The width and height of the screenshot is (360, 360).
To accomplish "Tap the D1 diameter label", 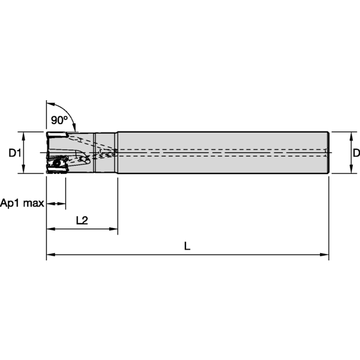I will pos(15,153).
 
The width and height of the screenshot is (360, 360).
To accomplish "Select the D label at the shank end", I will pos(356,153).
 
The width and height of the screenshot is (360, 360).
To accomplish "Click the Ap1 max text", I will pos(22,203).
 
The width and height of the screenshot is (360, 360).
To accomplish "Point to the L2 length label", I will pos(82,220).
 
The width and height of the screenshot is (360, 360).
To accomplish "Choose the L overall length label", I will pos(187,246).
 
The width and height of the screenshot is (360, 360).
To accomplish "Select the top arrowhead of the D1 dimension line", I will pos(24,134).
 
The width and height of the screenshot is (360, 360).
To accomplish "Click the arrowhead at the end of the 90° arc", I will pos(74,128).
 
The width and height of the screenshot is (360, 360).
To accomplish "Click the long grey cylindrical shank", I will pos(222,152).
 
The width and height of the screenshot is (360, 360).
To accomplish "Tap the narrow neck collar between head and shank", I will pos(105,152).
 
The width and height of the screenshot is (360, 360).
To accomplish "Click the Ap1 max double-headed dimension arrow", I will pos(56,204).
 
